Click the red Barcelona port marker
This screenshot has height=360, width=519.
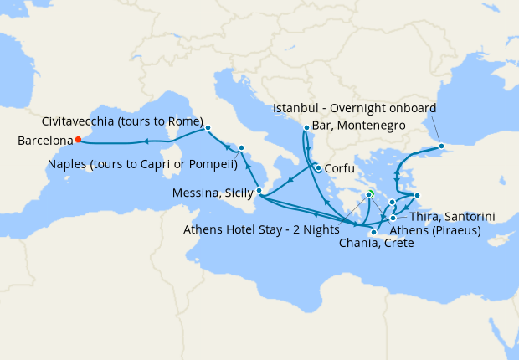coord(77,140)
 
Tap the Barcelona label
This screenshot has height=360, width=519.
coord(44,141)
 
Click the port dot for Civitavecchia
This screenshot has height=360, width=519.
coord(208,128)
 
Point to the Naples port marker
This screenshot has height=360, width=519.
coord(241,148)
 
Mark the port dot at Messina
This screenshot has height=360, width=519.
coord(259,191)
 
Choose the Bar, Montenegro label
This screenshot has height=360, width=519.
coord(359,126)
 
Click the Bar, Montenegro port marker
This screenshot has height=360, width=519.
coord(306,128)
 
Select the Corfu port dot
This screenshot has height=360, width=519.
coord(318,167)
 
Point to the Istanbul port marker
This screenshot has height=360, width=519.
coord(441,148)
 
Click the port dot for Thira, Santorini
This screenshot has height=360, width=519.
coord(393,218)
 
